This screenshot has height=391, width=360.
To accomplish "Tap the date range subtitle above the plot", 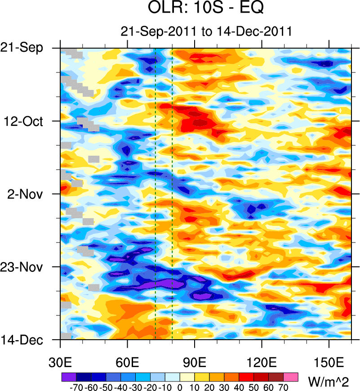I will pyautogui.click(x=206, y=31).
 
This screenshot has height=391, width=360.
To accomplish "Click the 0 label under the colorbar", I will pyautogui.click(x=180, y=386).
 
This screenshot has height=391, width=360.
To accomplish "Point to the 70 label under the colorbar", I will pyautogui.click(x=284, y=386).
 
